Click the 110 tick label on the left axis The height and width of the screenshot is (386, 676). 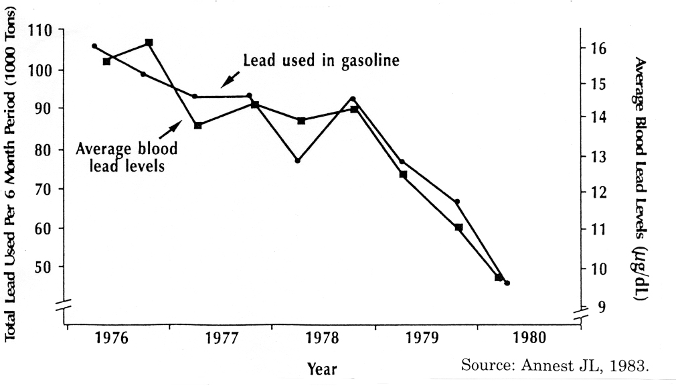tap(42, 30)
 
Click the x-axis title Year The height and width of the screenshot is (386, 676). tap(322, 369)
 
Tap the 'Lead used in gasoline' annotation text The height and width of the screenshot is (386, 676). tap(321, 60)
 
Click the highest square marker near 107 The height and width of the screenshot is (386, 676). tap(149, 43)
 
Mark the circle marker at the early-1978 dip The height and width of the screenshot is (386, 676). tap(298, 161)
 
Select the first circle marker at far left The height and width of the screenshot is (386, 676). tap(94, 46)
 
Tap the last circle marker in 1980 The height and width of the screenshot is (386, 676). tap(507, 283)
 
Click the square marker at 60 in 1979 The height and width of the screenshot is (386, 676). tap(458, 227)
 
